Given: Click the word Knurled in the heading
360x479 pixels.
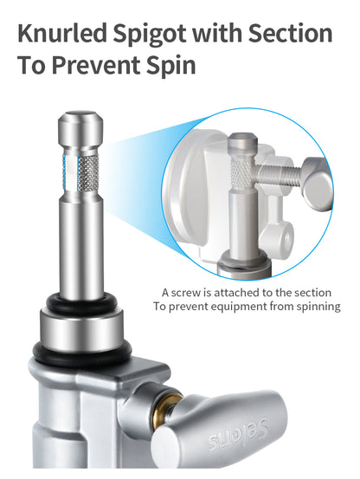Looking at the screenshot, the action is click(x=62, y=33).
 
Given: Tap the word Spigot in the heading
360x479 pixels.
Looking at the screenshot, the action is click(x=150, y=36).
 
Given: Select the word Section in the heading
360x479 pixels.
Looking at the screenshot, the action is click(x=290, y=33).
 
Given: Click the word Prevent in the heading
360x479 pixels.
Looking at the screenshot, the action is click(x=95, y=65).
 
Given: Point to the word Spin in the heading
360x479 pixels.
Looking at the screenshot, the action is click(x=170, y=67).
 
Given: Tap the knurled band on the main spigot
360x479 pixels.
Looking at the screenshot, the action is click(x=88, y=172).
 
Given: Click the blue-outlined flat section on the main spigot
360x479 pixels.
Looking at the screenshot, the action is click(x=70, y=172).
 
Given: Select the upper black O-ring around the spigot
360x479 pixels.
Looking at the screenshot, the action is click(x=81, y=303).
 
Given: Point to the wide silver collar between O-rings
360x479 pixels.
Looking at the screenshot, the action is click(x=81, y=331).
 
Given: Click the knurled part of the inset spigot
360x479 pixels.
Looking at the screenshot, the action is click(x=242, y=173).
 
